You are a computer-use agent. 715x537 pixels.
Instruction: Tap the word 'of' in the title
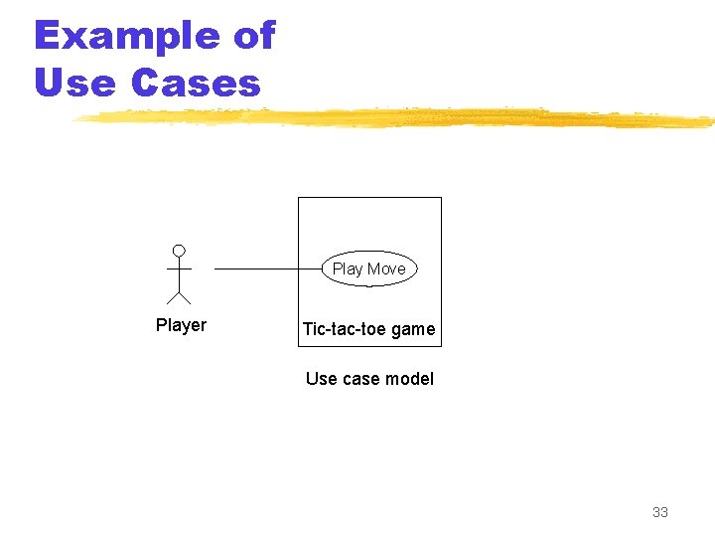(253, 36)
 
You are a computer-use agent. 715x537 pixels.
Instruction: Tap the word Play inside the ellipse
(348, 268)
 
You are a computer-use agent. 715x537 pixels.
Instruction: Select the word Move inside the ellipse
(386, 268)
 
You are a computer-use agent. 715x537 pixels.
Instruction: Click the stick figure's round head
(179, 250)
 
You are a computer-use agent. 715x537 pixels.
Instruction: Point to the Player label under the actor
(181, 325)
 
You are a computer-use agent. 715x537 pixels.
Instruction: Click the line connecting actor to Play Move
(263, 268)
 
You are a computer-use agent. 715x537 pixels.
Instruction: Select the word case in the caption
(361, 379)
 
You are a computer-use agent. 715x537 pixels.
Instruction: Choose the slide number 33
(660, 512)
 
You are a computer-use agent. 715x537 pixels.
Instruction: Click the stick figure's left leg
(172, 297)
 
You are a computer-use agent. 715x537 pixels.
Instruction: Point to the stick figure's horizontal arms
(179, 268)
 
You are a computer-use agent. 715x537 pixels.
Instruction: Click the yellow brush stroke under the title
(397, 119)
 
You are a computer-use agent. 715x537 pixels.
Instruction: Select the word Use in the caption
(321, 379)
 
